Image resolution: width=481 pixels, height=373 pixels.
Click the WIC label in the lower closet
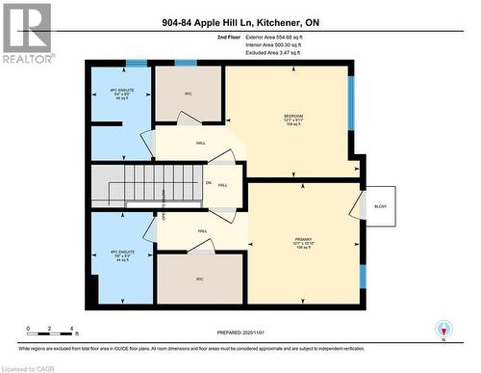(x=200, y=280)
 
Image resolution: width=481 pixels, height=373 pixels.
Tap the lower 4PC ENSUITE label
(x=119, y=255)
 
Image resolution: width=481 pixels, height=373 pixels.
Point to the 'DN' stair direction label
(x=208, y=183)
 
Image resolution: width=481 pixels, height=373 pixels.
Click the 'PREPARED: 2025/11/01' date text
(x=240, y=333)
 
